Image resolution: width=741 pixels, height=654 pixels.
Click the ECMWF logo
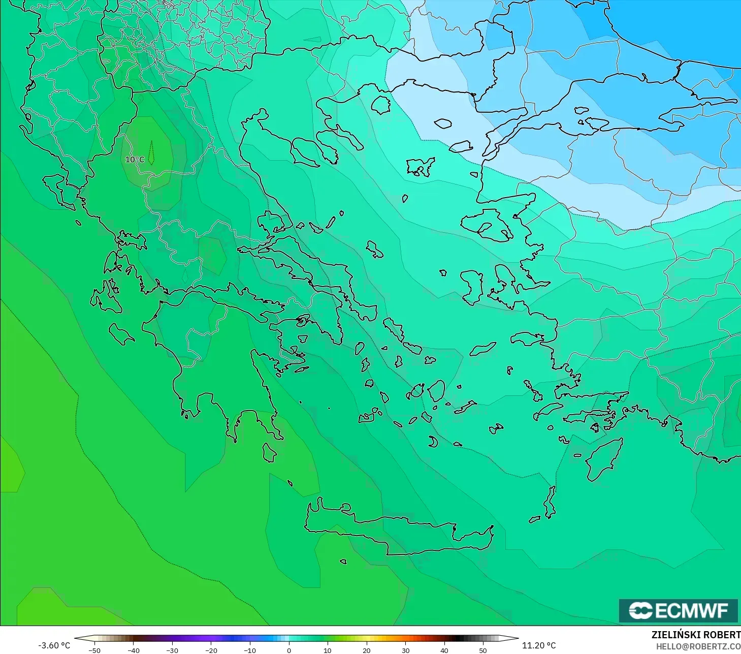[x=678, y=610]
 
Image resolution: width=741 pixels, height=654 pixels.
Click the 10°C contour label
[x=135, y=160]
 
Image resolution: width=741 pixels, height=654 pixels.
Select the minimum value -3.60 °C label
[x=54, y=645]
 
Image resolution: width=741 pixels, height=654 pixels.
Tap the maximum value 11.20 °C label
[x=539, y=645]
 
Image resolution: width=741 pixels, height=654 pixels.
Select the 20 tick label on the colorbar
[x=366, y=650]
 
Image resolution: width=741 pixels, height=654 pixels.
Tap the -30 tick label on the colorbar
[x=172, y=650]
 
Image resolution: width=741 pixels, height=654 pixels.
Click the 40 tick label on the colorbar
[x=444, y=650]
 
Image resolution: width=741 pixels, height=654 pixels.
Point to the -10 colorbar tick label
[x=249, y=650]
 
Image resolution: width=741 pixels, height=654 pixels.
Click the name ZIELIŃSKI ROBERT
[x=696, y=635]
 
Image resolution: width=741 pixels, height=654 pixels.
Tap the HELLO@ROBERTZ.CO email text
[x=698, y=646]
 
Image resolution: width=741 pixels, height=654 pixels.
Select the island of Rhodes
[x=603, y=460]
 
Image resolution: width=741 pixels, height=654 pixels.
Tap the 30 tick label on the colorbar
[x=405, y=650]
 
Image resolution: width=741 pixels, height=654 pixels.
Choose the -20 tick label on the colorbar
[x=211, y=650]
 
